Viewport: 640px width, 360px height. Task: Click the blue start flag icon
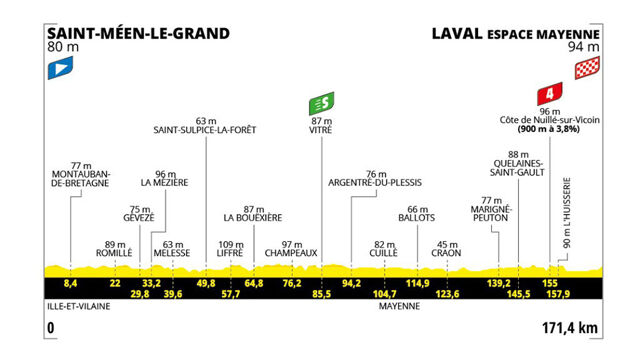coord(57,68)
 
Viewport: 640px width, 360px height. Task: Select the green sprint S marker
coord(321,103)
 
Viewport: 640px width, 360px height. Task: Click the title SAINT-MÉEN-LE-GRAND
coord(138,32)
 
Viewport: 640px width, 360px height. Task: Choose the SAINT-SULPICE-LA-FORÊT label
coord(206,129)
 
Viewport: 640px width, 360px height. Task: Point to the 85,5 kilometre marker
coord(322,294)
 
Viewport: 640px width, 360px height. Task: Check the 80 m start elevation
coord(61,47)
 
